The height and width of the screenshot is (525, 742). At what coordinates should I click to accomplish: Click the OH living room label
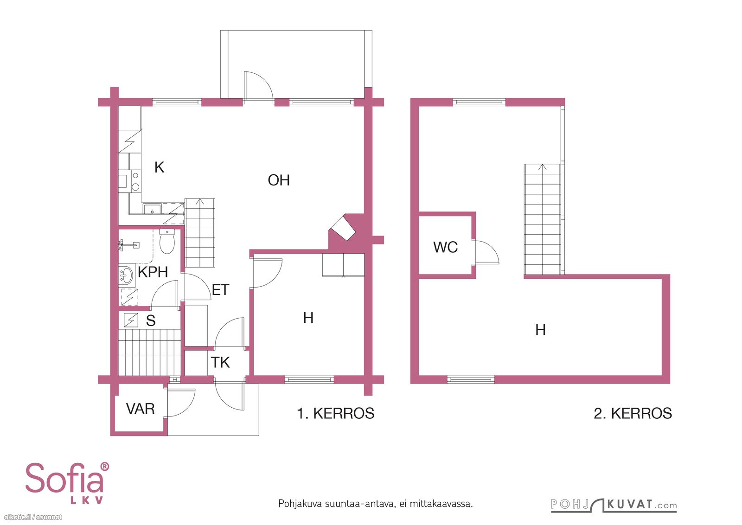pyautogui.click(x=279, y=180)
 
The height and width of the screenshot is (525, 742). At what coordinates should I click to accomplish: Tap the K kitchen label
pyautogui.click(x=160, y=167)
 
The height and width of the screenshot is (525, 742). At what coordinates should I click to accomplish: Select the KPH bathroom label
pyautogui.click(x=153, y=272)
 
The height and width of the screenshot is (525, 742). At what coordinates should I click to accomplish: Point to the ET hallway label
pyautogui.click(x=220, y=290)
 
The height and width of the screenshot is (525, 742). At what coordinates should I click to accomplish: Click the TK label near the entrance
pyautogui.click(x=220, y=362)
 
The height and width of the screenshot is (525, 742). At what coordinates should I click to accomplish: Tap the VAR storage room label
pyautogui.click(x=140, y=409)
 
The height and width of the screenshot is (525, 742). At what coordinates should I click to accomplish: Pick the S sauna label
pyautogui.click(x=151, y=320)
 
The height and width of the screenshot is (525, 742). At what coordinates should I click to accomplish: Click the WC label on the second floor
pyautogui.click(x=445, y=247)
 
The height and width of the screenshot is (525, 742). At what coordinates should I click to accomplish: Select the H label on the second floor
pyautogui.click(x=540, y=330)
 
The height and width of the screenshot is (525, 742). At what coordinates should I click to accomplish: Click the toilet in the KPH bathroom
pyautogui.click(x=167, y=241)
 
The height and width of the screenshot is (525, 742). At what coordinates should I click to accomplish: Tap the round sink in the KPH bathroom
pyautogui.click(x=126, y=275)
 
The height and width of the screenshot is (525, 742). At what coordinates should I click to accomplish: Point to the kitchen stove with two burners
pyautogui.click(x=135, y=181)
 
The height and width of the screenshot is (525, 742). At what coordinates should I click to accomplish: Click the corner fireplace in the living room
pyautogui.click(x=343, y=228)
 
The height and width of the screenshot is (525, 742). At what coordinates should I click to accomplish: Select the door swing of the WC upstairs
pyautogui.click(x=486, y=252)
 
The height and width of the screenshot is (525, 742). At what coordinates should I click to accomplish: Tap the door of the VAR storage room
pyautogui.click(x=180, y=403)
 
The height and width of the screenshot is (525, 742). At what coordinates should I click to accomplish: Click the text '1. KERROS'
pyautogui.click(x=336, y=413)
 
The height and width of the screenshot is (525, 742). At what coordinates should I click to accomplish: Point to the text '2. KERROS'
pyautogui.click(x=633, y=413)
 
